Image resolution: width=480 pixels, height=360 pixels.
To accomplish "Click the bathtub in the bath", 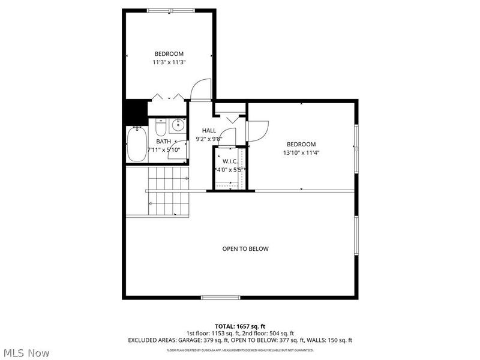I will tap(137, 145).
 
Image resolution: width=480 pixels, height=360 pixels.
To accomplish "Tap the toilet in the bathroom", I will tap(160, 128).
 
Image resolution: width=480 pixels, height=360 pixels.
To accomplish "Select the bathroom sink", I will tap(178, 126).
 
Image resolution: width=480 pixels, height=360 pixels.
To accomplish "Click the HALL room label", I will tap(209, 130).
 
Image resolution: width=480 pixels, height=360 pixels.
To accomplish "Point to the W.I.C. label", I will tap(230, 161).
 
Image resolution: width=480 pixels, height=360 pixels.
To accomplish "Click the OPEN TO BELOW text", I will tap(245, 249).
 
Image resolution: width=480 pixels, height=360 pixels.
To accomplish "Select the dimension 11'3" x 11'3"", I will tap(169, 62).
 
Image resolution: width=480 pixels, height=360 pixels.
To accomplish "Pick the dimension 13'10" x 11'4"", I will tap(301, 152).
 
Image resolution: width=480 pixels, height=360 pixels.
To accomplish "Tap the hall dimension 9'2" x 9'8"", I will tap(209, 139).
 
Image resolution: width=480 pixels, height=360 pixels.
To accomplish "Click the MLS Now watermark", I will tap(26, 353).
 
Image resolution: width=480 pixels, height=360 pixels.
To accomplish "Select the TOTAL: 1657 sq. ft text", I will tap(240, 326).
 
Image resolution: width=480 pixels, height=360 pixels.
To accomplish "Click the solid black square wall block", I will tap(136, 112).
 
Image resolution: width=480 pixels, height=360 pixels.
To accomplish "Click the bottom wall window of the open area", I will tap(220, 297).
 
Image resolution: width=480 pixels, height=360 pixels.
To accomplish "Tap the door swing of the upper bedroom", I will tap(202, 89).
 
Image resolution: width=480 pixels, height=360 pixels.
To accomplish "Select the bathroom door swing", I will tap(178, 151).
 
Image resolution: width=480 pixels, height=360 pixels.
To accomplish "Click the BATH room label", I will tap(163, 142).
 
